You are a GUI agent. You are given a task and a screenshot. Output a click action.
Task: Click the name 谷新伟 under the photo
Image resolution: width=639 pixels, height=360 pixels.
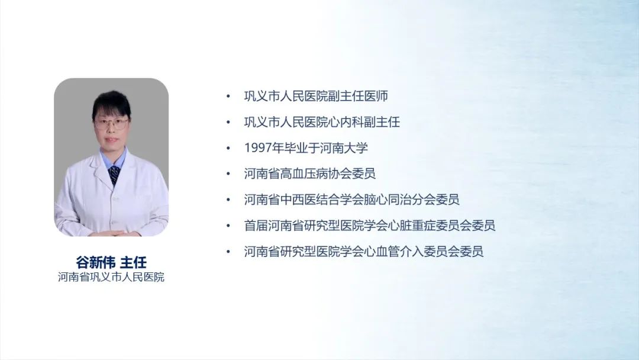(x=96, y=262)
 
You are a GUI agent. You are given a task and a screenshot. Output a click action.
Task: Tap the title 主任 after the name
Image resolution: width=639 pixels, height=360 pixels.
(x=133, y=262)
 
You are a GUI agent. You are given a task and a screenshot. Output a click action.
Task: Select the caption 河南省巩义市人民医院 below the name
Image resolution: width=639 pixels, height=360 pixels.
(x=111, y=277)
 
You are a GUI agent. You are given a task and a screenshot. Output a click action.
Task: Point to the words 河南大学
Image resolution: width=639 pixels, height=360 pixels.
(x=344, y=147)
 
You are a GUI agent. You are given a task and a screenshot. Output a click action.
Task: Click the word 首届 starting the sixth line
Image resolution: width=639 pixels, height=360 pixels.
(x=256, y=226)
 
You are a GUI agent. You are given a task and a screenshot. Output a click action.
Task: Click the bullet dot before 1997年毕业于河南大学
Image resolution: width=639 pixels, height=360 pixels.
(x=228, y=148)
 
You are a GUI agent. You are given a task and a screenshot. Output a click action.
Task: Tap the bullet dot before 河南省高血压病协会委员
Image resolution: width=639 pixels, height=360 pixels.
(x=228, y=173)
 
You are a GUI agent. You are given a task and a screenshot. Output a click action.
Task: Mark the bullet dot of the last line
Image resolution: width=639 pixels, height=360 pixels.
(x=228, y=252)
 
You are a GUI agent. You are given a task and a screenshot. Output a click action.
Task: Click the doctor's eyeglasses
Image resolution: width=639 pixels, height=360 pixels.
(x=111, y=123)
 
